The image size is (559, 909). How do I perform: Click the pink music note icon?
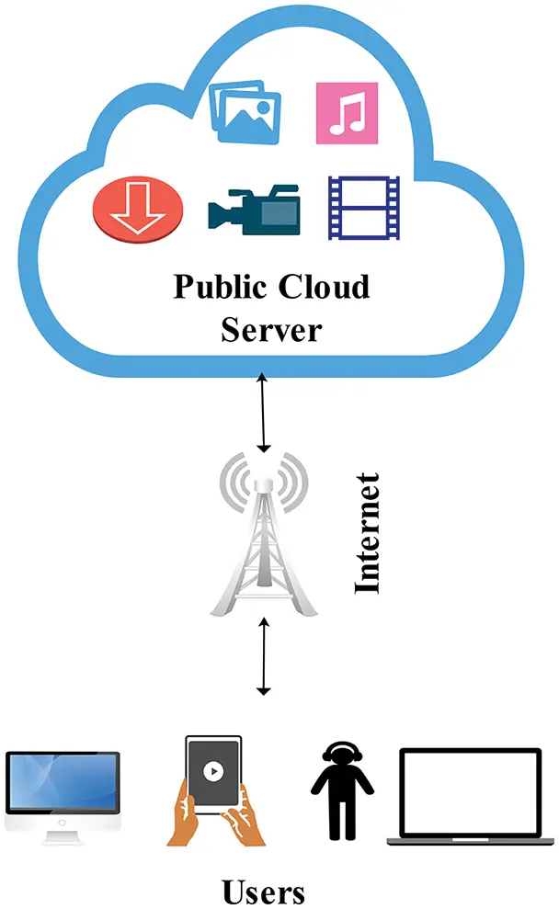347,113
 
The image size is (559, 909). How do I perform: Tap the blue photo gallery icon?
245,111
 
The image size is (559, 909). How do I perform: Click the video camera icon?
253,209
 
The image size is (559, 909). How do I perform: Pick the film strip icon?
364,207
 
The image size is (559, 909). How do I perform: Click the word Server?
271,328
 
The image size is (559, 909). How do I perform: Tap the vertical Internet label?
368,533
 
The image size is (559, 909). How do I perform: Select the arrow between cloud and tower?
264,413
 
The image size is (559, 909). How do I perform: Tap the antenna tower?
263,542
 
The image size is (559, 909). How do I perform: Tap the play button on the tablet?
213,771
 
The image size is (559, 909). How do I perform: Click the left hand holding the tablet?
187,818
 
